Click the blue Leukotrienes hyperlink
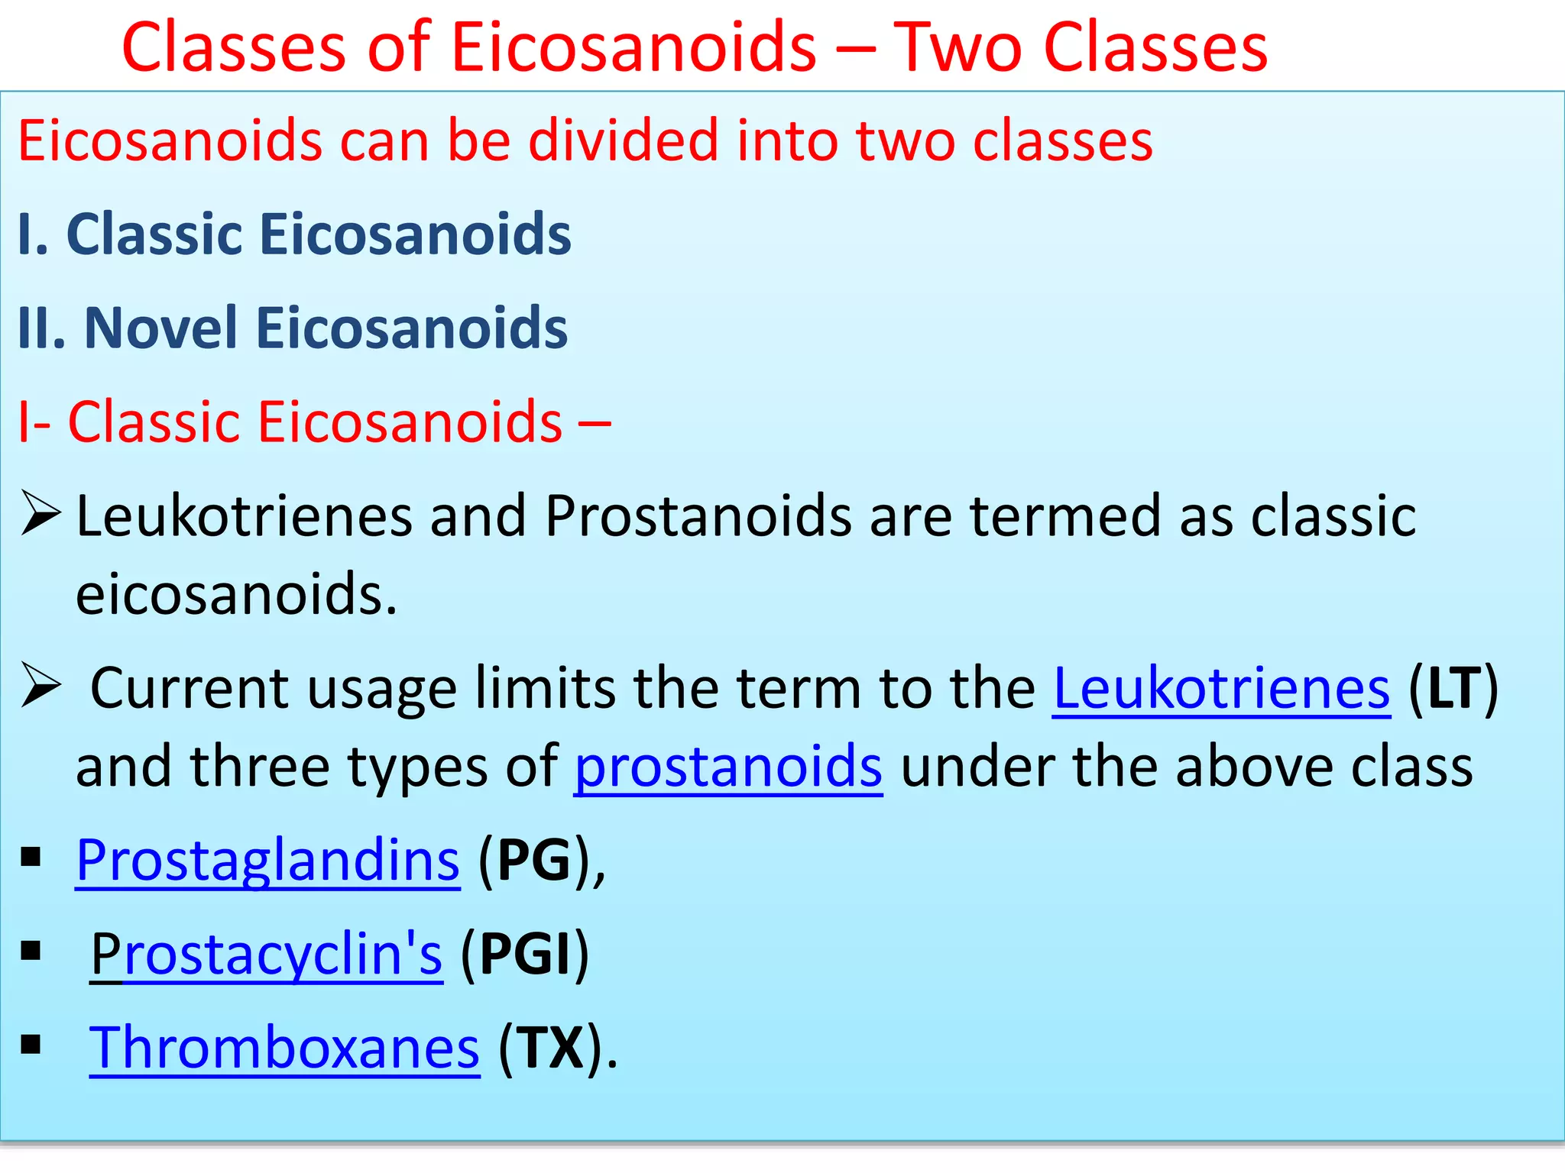click(x=1220, y=689)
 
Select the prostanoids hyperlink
click(x=728, y=767)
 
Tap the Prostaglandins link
click(x=267, y=861)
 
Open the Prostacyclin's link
click(x=266, y=954)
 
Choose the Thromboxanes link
click(x=284, y=1048)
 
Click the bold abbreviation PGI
click(x=525, y=954)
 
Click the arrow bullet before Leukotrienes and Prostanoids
click(x=41, y=514)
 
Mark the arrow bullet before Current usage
click(x=41, y=685)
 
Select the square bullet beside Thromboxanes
click(x=31, y=1045)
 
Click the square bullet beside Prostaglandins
click(x=31, y=858)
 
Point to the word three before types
click(x=260, y=767)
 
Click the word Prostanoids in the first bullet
click(x=698, y=516)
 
